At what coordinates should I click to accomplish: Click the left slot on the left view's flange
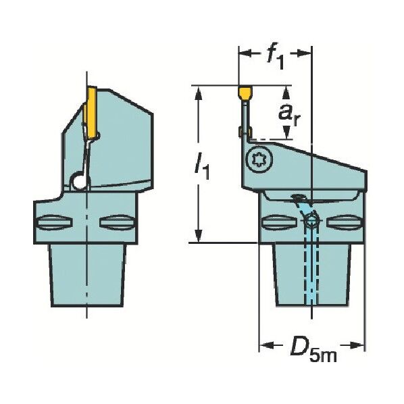click(53, 222)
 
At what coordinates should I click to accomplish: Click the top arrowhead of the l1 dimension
click(199, 91)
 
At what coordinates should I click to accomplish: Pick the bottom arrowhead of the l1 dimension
click(199, 238)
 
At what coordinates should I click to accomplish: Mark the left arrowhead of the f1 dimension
click(243, 53)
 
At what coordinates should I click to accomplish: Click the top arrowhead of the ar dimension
click(286, 91)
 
